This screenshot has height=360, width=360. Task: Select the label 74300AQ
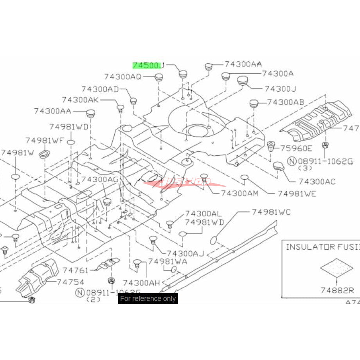point(123,77)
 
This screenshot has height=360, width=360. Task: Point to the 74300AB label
point(285,103)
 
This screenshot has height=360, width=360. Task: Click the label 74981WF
point(44,140)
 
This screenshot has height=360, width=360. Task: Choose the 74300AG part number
point(100,179)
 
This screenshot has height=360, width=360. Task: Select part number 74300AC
point(317,182)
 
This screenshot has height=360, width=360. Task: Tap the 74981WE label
point(297,193)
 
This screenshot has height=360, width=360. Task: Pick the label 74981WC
point(271,212)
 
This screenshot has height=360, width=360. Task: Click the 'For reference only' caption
point(148,299)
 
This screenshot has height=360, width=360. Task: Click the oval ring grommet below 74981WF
point(44,153)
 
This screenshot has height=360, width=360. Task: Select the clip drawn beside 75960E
point(271,147)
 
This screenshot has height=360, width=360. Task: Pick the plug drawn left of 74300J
point(243,82)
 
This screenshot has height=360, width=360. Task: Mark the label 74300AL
point(203,214)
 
